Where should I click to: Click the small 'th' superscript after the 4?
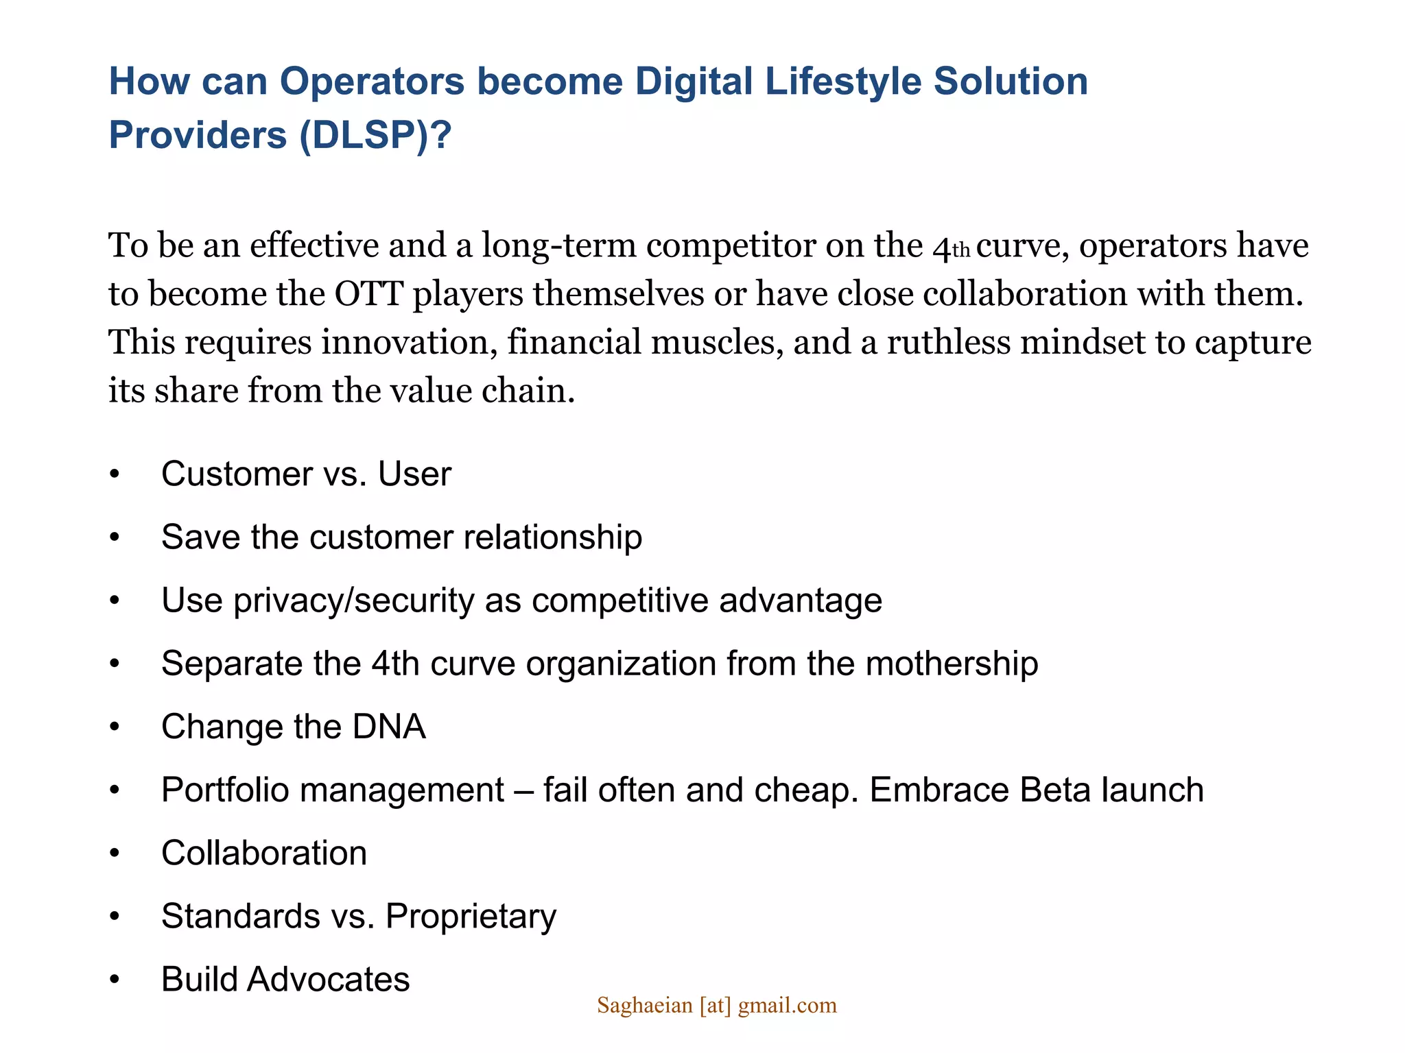pos(960,251)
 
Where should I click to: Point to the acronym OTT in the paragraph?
pos(368,294)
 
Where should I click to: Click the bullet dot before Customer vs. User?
pos(115,474)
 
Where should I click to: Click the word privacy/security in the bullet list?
pos(353,601)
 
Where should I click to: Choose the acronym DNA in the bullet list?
pos(389,727)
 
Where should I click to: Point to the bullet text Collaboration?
pos(264,854)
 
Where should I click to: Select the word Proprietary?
pos(471,917)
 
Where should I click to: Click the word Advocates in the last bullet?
pos(328,980)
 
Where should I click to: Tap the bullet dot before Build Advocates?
pos(115,980)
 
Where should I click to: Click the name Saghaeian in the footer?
pos(644,1006)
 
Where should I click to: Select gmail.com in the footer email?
pos(787,1006)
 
